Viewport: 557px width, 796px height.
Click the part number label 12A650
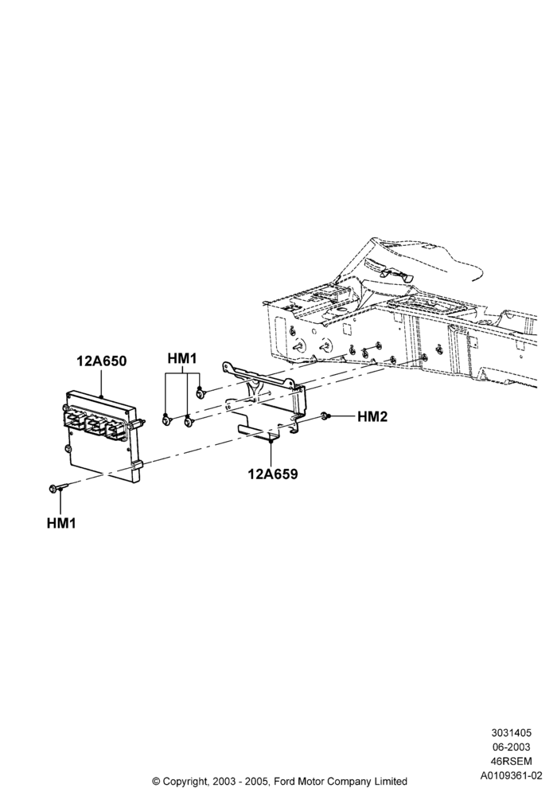[x=102, y=361]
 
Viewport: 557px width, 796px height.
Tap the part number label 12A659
[x=272, y=474]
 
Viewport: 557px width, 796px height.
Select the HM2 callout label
[x=372, y=417]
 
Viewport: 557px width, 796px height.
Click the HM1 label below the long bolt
[x=61, y=523]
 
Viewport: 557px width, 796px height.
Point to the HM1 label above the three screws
[x=182, y=359]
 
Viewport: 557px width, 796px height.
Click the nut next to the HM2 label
[x=325, y=417]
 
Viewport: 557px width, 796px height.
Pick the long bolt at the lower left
[x=58, y=488]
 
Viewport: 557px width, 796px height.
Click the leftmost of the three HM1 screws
[x=166, y=419]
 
